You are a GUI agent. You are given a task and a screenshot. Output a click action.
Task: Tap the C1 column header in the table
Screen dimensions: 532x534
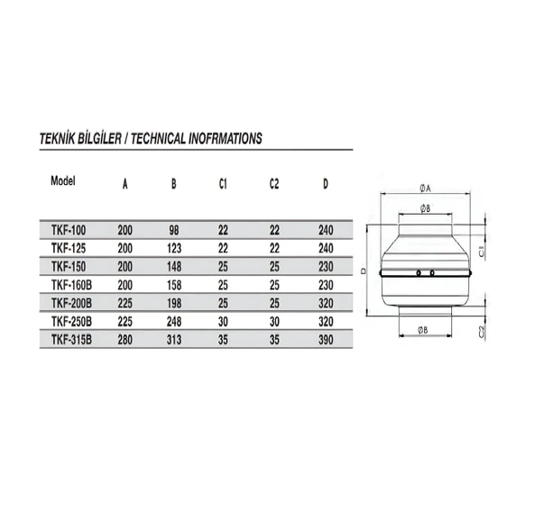[x=223, y=185]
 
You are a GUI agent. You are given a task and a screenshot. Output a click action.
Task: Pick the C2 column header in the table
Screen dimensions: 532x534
[x=274, y=185]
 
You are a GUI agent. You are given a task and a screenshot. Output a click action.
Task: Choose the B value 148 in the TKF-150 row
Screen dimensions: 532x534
[x=174, y=266]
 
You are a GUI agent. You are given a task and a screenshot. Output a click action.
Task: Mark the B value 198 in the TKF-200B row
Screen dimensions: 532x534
[x=174, y=301]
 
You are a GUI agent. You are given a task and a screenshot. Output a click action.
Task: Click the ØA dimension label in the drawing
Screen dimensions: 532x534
[x=425, y=188]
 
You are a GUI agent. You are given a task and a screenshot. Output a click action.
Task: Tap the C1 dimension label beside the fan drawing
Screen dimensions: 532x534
[x=482, y=249]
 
